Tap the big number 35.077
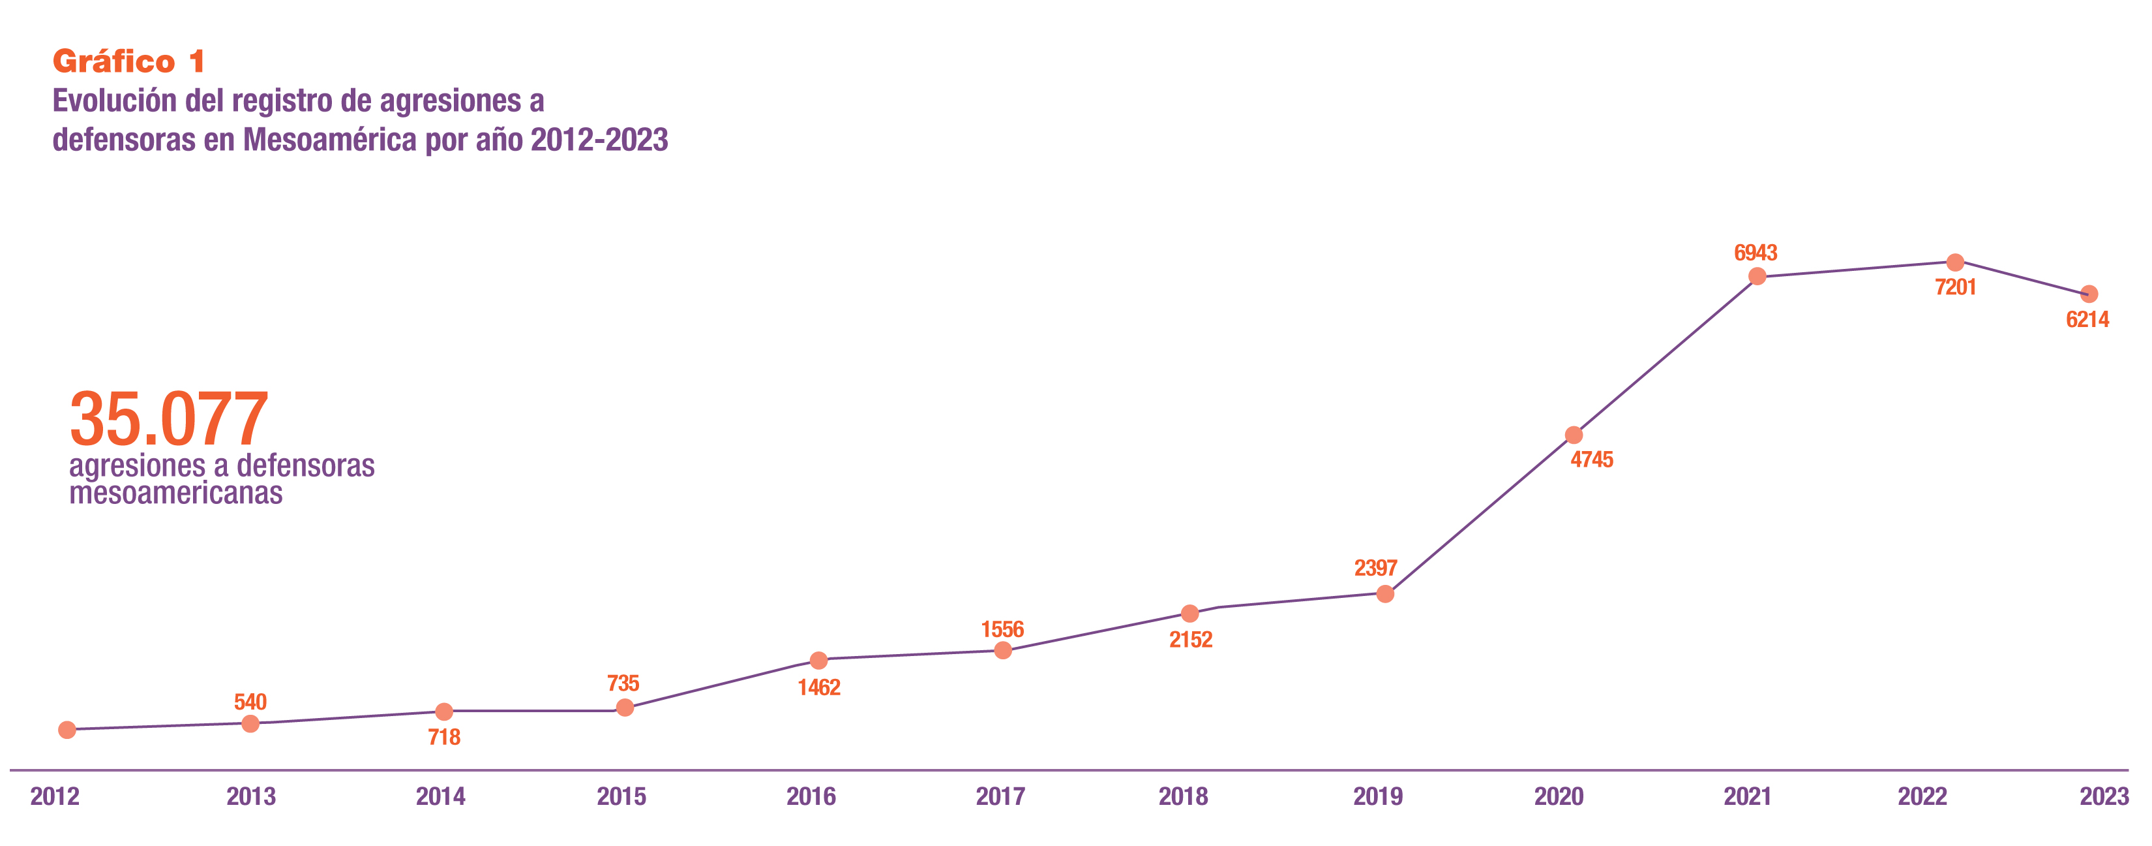pos(169,420)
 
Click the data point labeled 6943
pos(1757,276)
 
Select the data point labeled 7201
pos(1955,262)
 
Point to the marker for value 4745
pos(1574,435)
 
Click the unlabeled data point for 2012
pos(68,730)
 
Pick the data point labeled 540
pos(250,723)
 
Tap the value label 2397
pos(1375,569)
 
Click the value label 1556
pos(1002,629)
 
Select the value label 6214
pos(2087,319)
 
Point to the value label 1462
pos(818,688)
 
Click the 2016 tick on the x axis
pos(811,796)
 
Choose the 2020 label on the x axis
pos(1558,796)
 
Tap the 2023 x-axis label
pos(2104,796)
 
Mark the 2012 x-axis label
pos(55,796)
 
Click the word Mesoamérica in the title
pos(330,140)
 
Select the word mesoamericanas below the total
pos(176,494)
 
